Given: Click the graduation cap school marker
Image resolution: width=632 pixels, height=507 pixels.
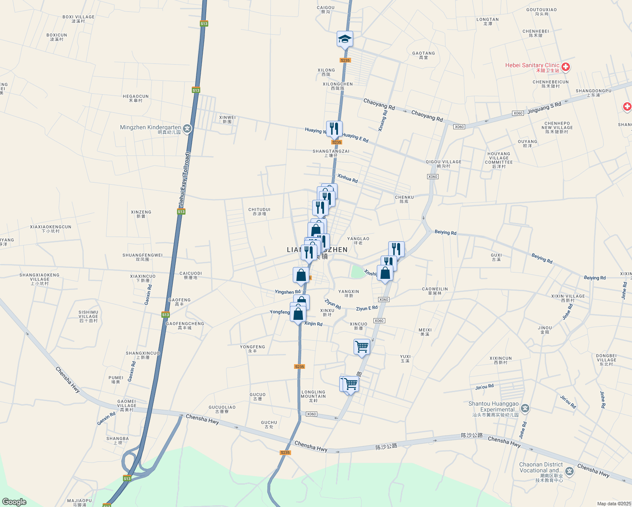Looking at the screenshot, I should [x=345, y=39].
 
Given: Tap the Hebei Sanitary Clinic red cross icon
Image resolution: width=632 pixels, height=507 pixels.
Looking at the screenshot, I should [x=566, y=67].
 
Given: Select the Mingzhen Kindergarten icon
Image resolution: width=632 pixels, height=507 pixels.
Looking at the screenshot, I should [x=187, y=129].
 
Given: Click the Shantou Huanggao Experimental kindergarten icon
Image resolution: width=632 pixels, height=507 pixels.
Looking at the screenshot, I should [x=525, y=408].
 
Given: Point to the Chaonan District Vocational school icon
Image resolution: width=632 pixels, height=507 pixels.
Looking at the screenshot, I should [x=569, y=472].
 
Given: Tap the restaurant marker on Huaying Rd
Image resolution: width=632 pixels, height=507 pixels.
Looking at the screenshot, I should [x=334, y=128].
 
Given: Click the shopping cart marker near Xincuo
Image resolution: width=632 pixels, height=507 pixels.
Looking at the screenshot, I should [x=362, y=347].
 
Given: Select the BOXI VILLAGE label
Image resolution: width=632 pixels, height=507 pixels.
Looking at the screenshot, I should [x=79, y=19].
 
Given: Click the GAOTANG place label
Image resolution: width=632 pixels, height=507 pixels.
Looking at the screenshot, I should [x=423, y=55].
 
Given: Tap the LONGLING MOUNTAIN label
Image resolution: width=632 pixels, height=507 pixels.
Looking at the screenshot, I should [x=313, y=396].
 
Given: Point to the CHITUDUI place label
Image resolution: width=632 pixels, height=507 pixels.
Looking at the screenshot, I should [x=259, y=211].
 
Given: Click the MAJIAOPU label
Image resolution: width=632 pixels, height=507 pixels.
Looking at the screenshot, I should [x=79, y=502].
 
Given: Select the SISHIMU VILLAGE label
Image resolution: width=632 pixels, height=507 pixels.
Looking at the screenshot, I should [x=88, y=316].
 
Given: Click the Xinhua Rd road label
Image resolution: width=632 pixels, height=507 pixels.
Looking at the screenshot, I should [x=348, y=178].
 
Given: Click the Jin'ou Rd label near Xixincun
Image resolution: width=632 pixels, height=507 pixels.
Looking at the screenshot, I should [x=485, y=387].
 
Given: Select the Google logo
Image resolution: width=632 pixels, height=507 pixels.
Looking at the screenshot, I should [x=14, y=502].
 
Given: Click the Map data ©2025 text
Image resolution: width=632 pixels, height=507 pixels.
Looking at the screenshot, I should [x=613, y=504].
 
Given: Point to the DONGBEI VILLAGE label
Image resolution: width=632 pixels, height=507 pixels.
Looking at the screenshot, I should [x=606, y=360].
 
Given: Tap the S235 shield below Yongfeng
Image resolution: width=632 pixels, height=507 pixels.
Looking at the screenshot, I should [x=299, y=366].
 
